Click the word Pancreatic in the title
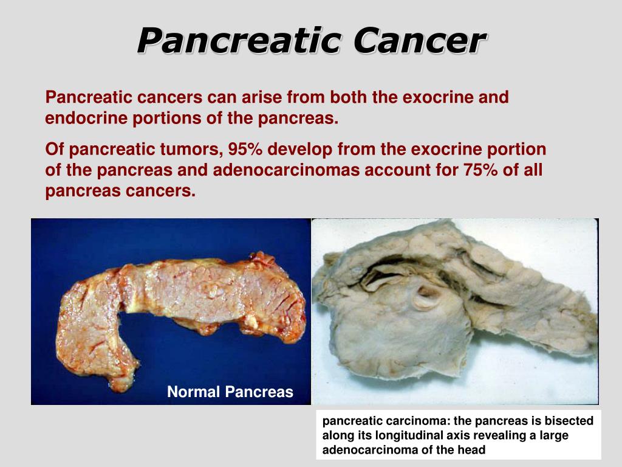point(239,41)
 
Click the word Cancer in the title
point(420,41)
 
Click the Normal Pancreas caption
point(230,392)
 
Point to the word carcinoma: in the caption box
point(399,421)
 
